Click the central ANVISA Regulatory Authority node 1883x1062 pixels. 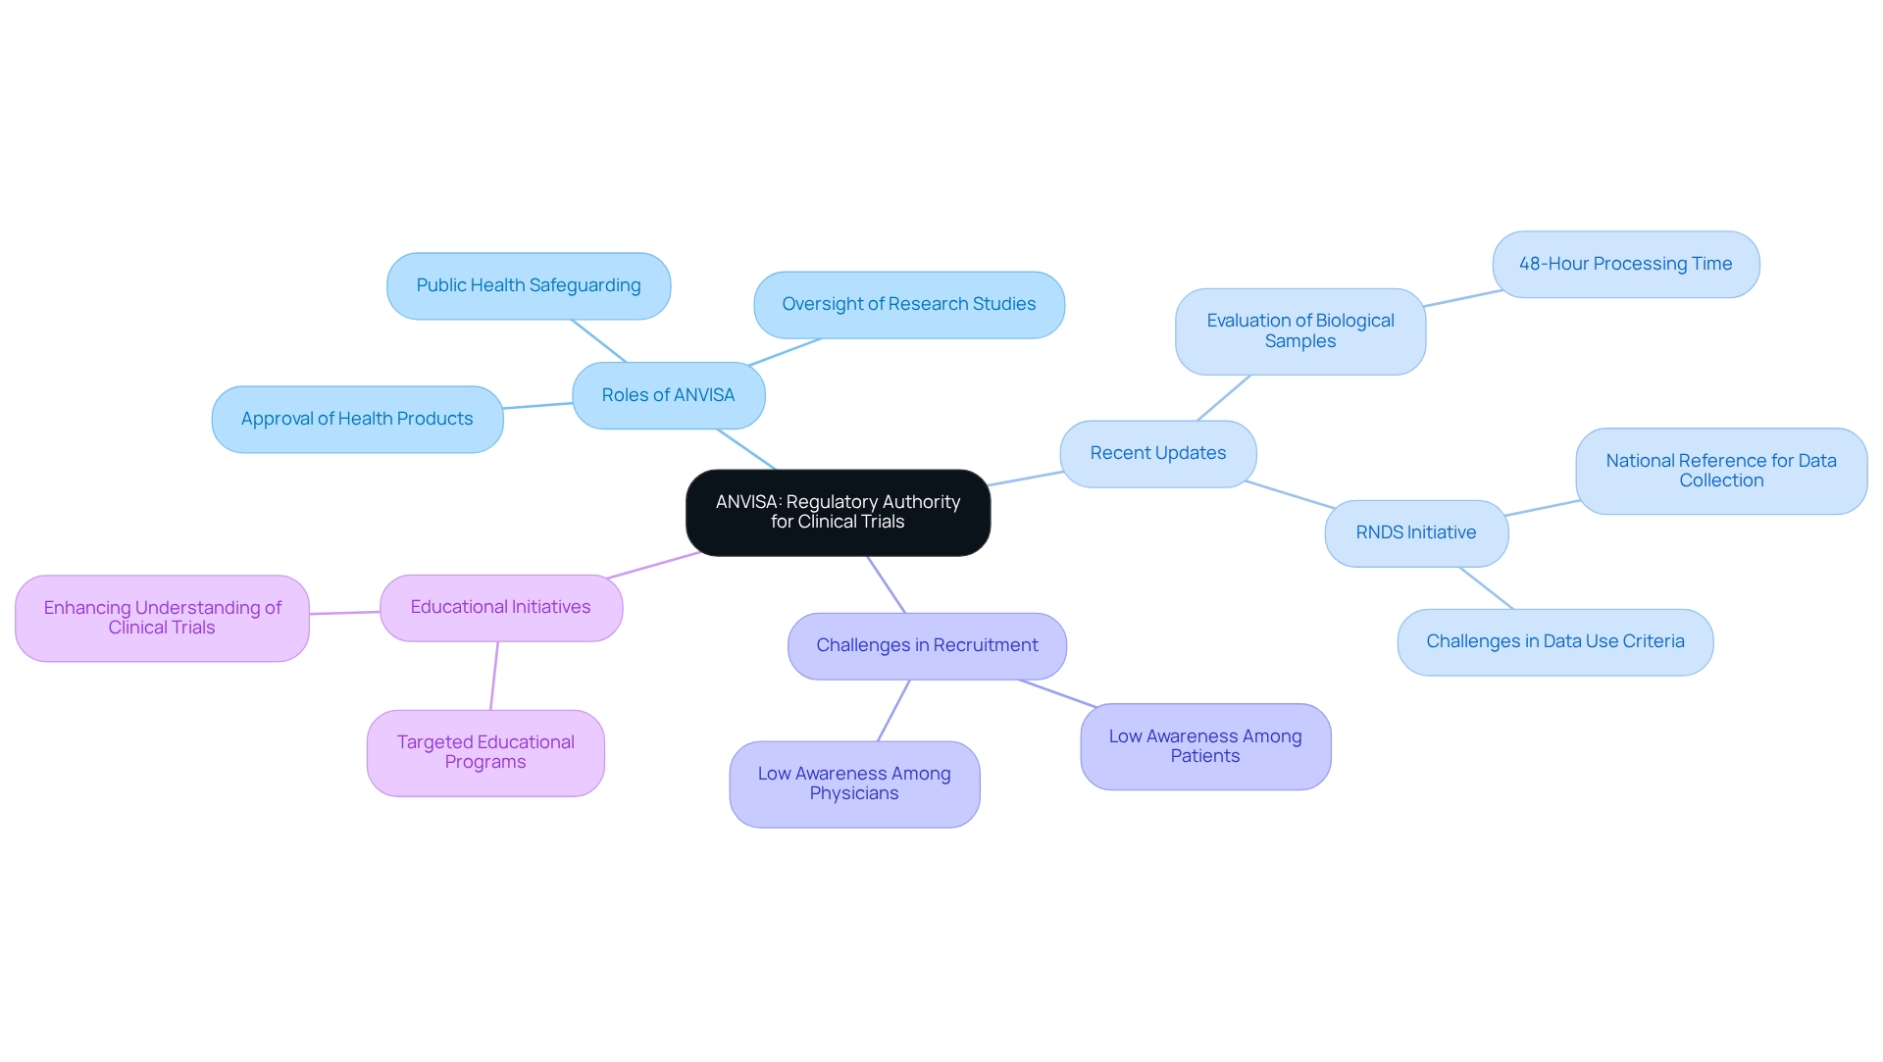pyautogui.click(x=838, y=512)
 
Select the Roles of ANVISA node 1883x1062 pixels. pyautogui.click(x=668, y=395)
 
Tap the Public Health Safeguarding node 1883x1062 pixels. pyautogui.click(x=529, y=285)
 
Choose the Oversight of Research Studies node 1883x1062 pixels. pyautogui.click(x=908, y=304)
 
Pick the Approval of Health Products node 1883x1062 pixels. pyautogui.click(x=357, y=419)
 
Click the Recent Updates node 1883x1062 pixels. pyautogui.click(x=1157, y=453)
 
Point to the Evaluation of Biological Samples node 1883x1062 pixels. pyautogui.click(x=1299, y=330)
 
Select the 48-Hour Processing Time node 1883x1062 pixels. pyautogui.click(x=1625, y=264)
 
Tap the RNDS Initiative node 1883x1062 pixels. pyautogui.click(x=1415, y=532)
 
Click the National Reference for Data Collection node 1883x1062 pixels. pyautogui.click(x=1720, y=471)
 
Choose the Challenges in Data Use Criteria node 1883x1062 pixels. pyautogui.click(x=1554, y=641)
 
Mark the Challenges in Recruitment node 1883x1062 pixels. pyautogui.click(x=927, y=645)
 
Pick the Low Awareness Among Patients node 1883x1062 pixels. pyautogui.click(x=1204, y=746)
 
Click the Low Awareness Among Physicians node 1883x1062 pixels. pyautogui.click(x=853, y=784)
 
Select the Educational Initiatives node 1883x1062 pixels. pyautogui.click(x=500, y=607)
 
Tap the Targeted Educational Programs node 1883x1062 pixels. pyautogui.click(x=485, y=752)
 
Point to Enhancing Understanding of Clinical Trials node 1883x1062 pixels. pyautogui.click(x=162, y=618)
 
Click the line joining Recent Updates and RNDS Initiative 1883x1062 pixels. pyautogui.click(x=1290, y=494)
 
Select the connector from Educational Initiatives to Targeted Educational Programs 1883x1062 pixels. pyautogui.click(x=494, y=676)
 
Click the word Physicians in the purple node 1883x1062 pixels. pyautogui.click(x=853, y=793)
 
